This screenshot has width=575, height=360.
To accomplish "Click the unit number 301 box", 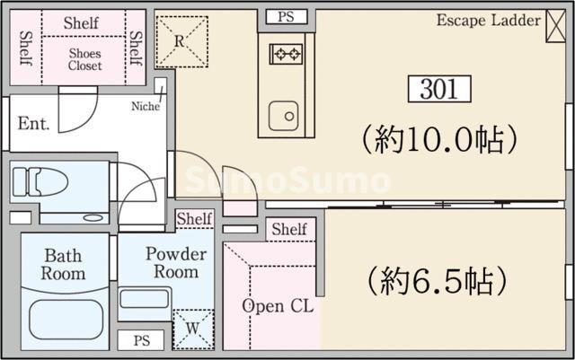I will coord(438,88).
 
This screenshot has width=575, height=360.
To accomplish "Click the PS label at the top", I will coord(286,16).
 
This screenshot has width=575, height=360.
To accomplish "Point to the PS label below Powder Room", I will coord(141,341).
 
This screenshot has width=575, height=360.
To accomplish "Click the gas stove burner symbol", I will coord(287,55).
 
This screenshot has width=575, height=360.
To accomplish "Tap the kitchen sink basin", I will coord(287,114).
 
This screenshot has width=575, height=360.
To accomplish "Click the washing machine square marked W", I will coord(194,328).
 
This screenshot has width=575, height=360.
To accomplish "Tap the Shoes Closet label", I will coord(85,59).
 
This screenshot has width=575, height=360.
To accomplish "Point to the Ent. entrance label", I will coord(33,122).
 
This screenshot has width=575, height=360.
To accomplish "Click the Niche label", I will coord(146,106).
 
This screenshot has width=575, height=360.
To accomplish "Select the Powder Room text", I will coord(176,262).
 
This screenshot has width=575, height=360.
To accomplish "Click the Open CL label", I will coord(278,306).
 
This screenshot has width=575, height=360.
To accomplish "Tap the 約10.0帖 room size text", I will coord(439,139).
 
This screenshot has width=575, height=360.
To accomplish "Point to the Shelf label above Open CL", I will coord(288,230).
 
